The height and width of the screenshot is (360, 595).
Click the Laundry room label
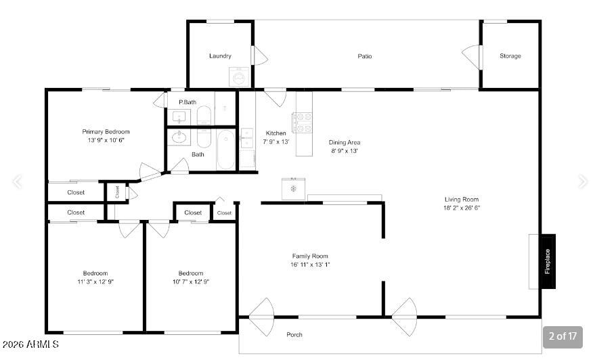coord(220,55)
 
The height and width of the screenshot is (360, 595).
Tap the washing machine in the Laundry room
coord(240,77)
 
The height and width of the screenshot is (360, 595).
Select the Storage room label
coord(510,55)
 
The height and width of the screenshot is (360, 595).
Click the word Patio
coord(365,56)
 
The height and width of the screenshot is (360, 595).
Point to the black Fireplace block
coord(548,261)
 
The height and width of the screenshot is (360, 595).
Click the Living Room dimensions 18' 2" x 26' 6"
coord(462,208)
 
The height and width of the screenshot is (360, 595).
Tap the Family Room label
coord(310,256)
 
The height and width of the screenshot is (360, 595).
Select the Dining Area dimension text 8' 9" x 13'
coord(344,151)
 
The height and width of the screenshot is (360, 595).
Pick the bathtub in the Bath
coord(226,150)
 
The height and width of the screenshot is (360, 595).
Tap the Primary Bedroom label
coord(106,132)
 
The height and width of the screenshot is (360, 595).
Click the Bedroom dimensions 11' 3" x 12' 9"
coord(95,282)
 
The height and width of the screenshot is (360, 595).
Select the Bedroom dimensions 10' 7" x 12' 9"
coord(191,282)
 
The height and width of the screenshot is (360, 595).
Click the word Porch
coord(294,334)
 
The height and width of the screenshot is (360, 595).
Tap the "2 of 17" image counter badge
coord(563,336)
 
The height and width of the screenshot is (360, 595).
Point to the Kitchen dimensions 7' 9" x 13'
coord(276,141)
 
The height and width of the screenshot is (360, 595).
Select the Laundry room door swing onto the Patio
coord(261,55)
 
